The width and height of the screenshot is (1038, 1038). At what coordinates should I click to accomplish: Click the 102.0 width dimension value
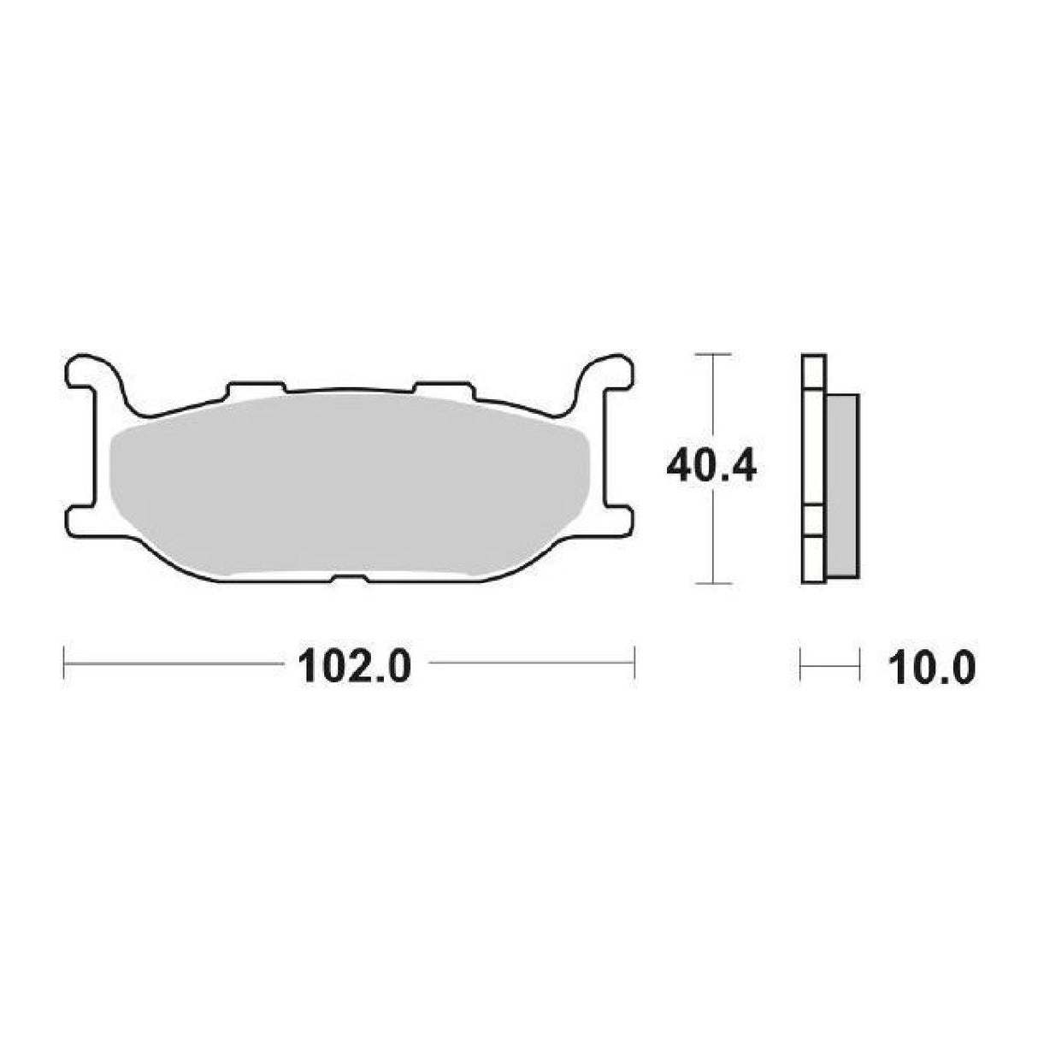[354, 666]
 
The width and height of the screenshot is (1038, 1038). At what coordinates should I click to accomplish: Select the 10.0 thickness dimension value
[931, 666]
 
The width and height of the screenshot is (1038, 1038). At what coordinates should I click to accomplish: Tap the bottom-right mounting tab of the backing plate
[619, 520]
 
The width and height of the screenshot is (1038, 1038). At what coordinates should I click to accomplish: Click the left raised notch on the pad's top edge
[255, 388]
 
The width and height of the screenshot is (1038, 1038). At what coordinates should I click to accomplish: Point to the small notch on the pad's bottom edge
[348, 579]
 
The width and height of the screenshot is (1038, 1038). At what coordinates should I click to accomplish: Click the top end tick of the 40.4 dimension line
[713, 353]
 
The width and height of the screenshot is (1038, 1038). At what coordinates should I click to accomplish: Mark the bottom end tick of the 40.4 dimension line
[713, 584]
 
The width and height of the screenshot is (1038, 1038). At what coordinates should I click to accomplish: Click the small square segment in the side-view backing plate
[813, 521]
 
